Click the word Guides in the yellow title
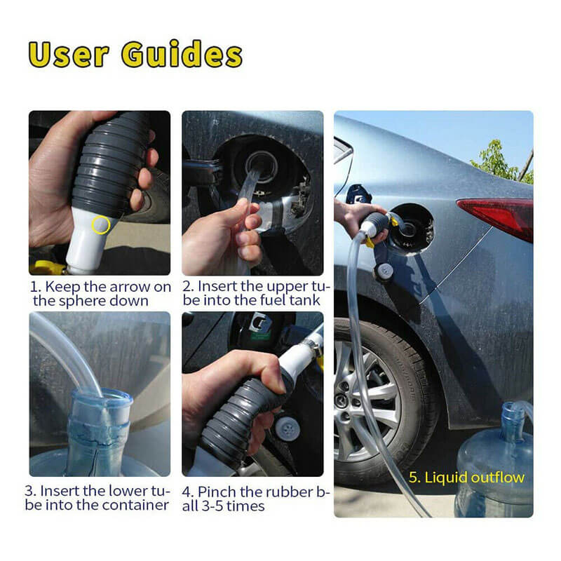pyautogui.click(x=182, y=54)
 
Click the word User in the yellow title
pyautogui.click(x=68, y=55)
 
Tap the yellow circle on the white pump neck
pyautogui.click(x=100, y=224)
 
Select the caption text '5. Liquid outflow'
pyautogui.click(x=466, y=478)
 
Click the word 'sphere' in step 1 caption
pyautogui.click(x=82, y=302)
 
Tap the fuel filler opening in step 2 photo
pyautogui.click(x=263, y=166)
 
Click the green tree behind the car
pyautogui.click(x=499, y=162)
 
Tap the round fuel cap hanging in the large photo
pyautogui.click(x=384, y=271)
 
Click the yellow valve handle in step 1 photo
pyautogui.click(x=46, y=267)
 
